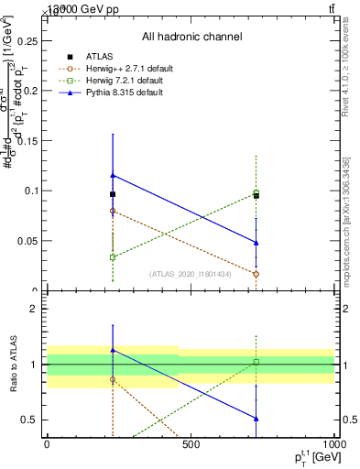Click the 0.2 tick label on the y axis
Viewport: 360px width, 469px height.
click(x=29, y=92)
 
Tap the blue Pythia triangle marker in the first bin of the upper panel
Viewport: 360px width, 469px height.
click(x=113, y=175)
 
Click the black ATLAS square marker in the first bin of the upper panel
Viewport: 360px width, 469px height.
click(x=113, y=194)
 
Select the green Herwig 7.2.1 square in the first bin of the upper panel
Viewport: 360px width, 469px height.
click(x=113, y=257)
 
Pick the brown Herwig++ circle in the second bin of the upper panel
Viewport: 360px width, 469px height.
click(x=256, y=274)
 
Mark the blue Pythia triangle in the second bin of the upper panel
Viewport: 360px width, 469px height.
click(x=256, y=243)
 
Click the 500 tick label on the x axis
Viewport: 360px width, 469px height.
click(x=191, y=444)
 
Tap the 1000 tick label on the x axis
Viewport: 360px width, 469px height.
click(x=332, y=444)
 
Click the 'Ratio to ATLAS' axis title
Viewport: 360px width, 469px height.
click(x=12, y=366)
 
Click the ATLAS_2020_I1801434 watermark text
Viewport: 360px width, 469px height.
click(x=191, y=274)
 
